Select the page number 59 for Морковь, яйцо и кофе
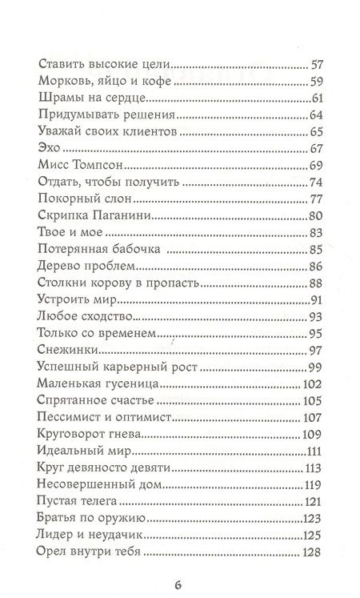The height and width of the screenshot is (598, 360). pyautogui.click(x=317, y=80)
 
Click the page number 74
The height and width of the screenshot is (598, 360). pyautogui.click(x=317, y=183)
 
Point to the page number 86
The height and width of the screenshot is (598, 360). pyautogui.click(x=317, y=268)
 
